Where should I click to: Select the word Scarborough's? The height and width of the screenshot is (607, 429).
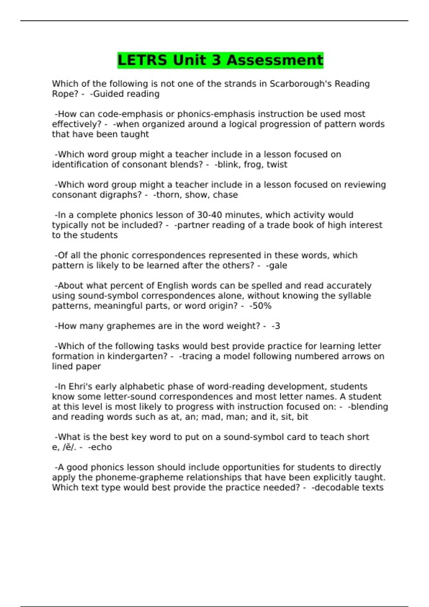[300, 84]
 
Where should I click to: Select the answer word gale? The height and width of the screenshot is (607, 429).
[278, 266]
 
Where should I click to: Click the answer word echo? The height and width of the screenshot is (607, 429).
[101, 447]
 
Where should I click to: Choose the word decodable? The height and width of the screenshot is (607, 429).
[332, 488]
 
